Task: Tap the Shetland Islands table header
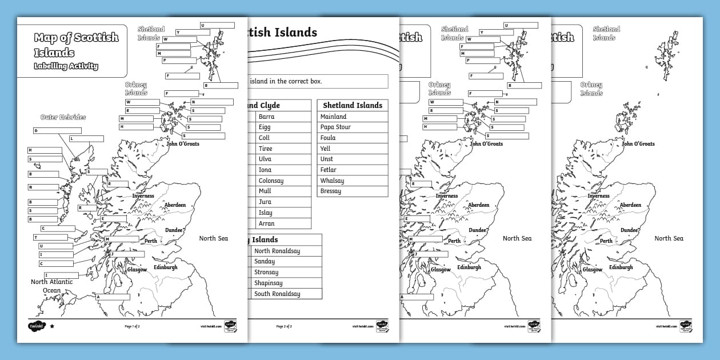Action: [352, 105]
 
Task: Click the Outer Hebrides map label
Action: [63, 117]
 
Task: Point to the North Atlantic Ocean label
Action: [51, 286]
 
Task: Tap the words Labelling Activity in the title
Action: [66, 66]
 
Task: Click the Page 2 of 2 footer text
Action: [284, 326]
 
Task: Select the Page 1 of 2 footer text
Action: [133, 326]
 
